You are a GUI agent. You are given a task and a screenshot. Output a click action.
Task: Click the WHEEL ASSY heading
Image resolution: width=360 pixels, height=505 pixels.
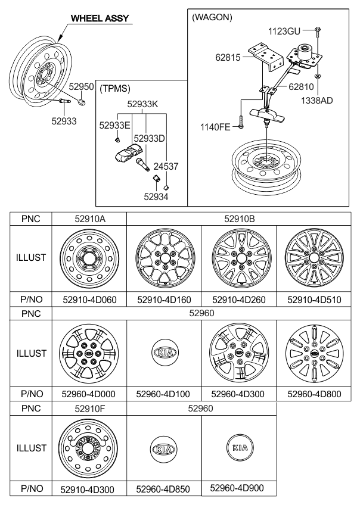click(x=100, y=18)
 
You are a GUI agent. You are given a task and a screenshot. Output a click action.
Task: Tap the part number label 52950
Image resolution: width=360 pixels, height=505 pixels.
click(x=82, y=86)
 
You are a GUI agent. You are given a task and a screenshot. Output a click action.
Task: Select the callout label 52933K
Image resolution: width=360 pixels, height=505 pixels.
click(x=142, y=104)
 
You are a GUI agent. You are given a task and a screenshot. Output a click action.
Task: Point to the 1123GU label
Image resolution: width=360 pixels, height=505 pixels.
click(x=284, y=31)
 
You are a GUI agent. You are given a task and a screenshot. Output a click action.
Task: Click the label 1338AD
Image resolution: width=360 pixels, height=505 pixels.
click(x=317, y=101)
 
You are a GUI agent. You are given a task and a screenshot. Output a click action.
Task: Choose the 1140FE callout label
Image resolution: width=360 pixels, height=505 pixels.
click(x=215, y=127)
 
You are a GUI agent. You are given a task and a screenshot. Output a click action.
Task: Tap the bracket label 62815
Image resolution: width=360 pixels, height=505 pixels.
click(x=228, y=57)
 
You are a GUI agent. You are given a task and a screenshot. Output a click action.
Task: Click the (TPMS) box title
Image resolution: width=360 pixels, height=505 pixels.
click(x=115, y=89)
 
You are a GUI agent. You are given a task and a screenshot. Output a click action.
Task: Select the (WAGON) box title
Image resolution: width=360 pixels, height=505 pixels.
click(x=212, y=17)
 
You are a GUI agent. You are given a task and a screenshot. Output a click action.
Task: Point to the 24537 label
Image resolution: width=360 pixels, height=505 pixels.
click(x=166, y=167)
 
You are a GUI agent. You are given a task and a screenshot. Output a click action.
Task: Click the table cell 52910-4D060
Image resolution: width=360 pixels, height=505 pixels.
click(x=89, y=300)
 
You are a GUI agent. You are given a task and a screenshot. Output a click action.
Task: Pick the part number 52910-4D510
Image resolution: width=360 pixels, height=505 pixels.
click(x=314, y=300)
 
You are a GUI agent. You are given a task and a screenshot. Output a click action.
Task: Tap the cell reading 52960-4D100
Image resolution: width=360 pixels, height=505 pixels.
click(x=163, y=394)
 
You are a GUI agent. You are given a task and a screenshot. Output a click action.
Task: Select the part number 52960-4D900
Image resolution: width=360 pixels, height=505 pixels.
click(x=237, y=488)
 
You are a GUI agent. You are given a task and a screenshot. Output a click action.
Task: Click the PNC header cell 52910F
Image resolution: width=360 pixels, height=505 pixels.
click(x=90, y=409)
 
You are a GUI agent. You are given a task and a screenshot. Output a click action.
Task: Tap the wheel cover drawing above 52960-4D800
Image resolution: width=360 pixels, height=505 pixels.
click(x=314, y=353)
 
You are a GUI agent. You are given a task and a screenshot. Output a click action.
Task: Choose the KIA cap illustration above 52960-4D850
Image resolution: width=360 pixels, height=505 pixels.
click(x=163, y=449)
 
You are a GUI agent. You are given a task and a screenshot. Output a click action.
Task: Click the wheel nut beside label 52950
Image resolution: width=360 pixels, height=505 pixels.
click(x=82, y=102)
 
